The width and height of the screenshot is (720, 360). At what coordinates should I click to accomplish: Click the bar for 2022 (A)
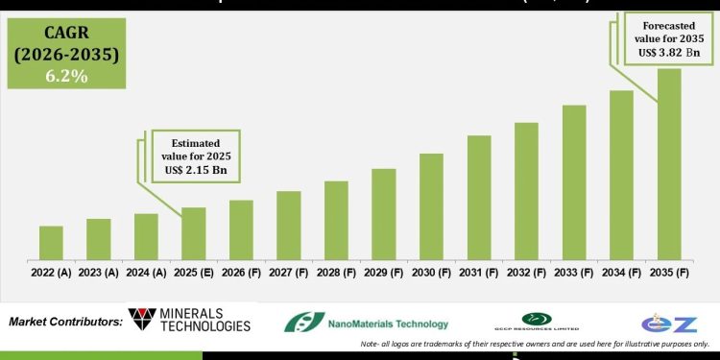[x=51, y=243]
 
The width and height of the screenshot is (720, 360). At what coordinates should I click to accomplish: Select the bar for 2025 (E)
[x=194, y=233]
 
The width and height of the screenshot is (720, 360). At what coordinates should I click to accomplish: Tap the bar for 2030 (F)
[x=431, y=206]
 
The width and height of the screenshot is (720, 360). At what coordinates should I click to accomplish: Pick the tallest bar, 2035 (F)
[x=669, y=163]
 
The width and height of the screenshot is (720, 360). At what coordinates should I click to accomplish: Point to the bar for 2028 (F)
[x=336, y=220]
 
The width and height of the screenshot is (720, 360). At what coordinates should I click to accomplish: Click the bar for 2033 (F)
[x=574, y=182]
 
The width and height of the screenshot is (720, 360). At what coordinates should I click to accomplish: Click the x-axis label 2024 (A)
[x=146, y=273]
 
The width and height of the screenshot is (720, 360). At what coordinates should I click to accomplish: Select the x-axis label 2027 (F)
[x=289, y=273]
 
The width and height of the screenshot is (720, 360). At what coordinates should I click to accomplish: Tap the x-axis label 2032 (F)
[x=526, y=273]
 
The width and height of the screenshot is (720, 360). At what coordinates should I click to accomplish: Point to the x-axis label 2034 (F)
[x=621, y=273]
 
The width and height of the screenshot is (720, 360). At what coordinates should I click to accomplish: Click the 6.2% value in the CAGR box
[x=65, y=75]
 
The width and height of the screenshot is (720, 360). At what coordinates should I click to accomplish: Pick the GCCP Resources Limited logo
[x=537, y=322]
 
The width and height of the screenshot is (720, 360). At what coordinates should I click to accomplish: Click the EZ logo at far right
[x=669, y=322]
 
